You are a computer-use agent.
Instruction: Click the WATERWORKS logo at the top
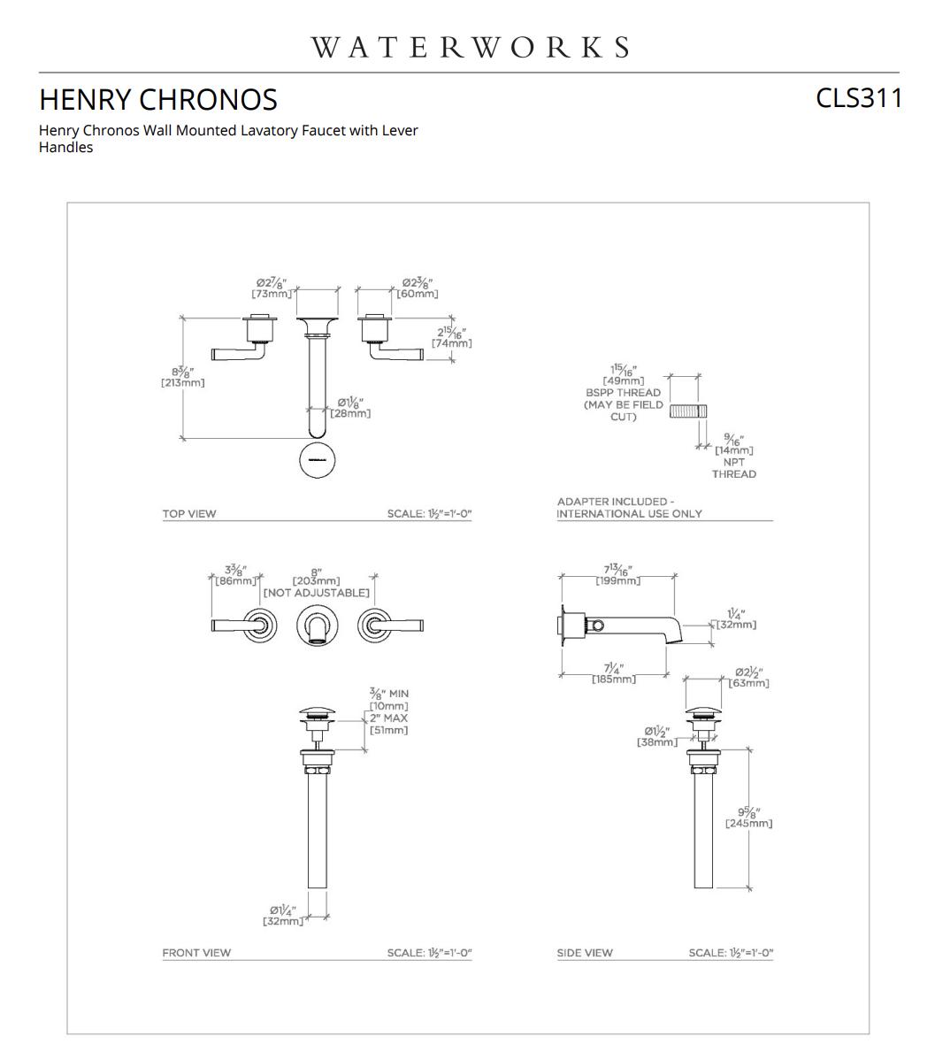pyautogui.click(x=470, y=47)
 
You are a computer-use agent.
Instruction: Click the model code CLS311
pyautogui.click(x=858, y=97)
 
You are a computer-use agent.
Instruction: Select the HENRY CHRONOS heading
pyautogui.click(x=158, y=99)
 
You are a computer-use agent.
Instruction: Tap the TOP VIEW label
pyautogui.click(x=188, y=513)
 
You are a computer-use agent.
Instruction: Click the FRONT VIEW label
pyautogui.click(x=195, y=953)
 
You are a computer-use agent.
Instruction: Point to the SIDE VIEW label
pyautogui.click(x=584, y=953)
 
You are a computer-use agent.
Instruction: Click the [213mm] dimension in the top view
pyautogui.click(x=182, y=383)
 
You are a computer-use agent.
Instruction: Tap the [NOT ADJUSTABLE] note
pyautogui.click(x=316, y=593)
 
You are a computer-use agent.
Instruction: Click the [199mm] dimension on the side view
pyautogui.click(x=617, y=580)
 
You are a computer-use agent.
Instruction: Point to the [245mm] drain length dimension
pyautogui.click(x=748, y=824)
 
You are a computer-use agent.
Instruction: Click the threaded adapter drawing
pyautogui.click(x=686, y=411)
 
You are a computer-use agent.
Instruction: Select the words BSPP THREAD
pyautogui.click(x=623, y=393)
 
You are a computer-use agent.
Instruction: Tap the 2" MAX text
pyautogui.click(x=389, y=718)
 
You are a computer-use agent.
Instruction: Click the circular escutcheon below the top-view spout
pyautogui.click(x=318, y=460)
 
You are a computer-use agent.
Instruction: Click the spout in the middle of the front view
pyautogui.click(x=318, y=626)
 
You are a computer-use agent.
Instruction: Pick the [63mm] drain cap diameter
pyautogui.click(x=748, y=683)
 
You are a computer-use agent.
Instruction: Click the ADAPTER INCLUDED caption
pyautogui.click(x=615, y=502)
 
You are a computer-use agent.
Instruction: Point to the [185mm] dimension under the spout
pyautogui.click(x=613, y=679)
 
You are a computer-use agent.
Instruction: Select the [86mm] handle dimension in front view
pyautogui.click(x=235, y=581)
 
